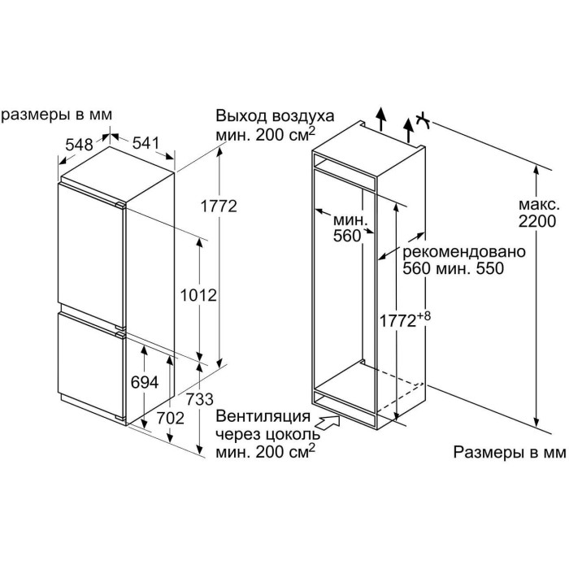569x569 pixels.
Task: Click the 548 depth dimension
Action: click(x=80, y=145)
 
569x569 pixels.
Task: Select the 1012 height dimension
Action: click(x=199, y=296)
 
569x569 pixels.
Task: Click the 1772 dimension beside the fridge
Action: click(x=219, y=206)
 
